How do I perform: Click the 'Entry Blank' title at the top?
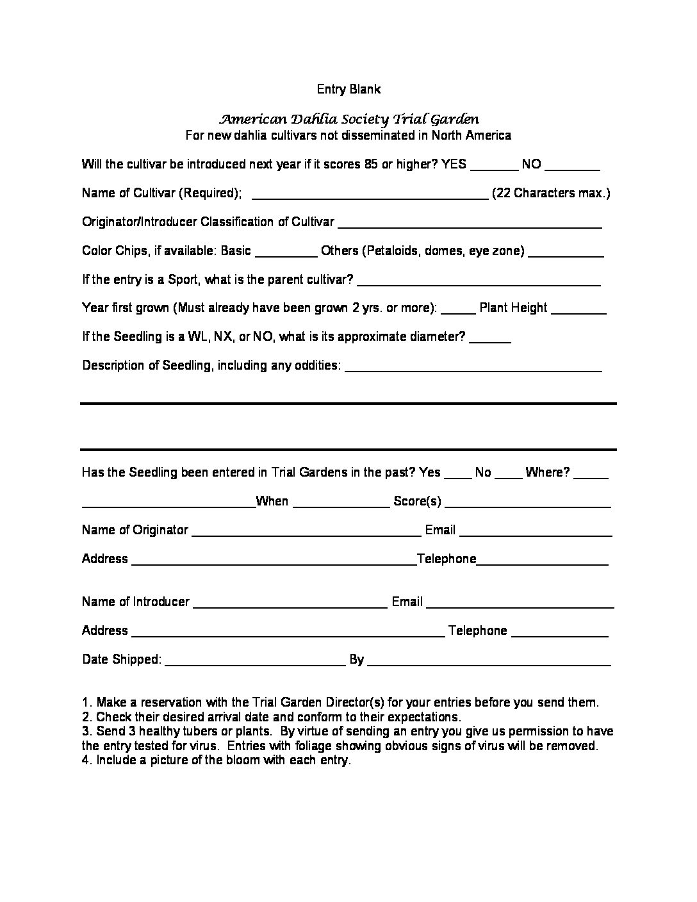pyautogui.click(x=348, y=89)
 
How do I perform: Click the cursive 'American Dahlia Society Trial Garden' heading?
pyautogui.click(x=348, y=119)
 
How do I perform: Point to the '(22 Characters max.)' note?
pyautogui.click(x=551, y=193)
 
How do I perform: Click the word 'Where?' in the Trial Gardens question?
pyautogui.click(x=548, y=473)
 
